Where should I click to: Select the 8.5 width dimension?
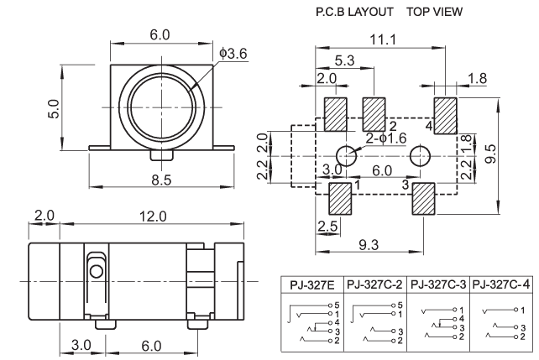click(160, 179)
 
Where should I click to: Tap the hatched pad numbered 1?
click(339, 198)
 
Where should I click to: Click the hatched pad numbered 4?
click(444, 112)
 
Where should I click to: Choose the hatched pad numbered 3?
click(421, 199)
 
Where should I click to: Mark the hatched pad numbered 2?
click(374, 112)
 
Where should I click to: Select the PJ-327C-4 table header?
click(502, 284)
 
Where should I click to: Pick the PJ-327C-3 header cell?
click(439, 284)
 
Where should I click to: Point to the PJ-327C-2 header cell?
click(375, 284)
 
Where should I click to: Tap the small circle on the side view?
click(97, 271)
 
